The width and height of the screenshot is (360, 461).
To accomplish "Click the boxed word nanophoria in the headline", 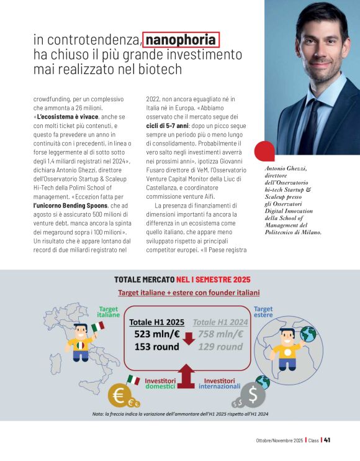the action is pyautogui.click(x=181, y=39).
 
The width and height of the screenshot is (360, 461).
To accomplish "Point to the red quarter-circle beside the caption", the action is pyautogui.click(x=264, y=151).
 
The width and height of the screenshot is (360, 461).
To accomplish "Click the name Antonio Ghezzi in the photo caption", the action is pyautogui.click(x=286, y=168).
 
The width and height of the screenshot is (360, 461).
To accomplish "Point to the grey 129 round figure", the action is pyautogui.click(x=220, y=347).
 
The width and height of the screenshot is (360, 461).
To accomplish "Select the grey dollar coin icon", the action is pyautogui.click(x=253, y=395).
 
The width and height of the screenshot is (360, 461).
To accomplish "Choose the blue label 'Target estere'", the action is pyautogui.click(x=263, y=312).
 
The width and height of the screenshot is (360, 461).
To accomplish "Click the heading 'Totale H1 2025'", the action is pyautogui.click(x=156, y=322).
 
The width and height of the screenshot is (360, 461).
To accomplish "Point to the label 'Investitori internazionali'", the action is pyautogui.click(x=220, y=383).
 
